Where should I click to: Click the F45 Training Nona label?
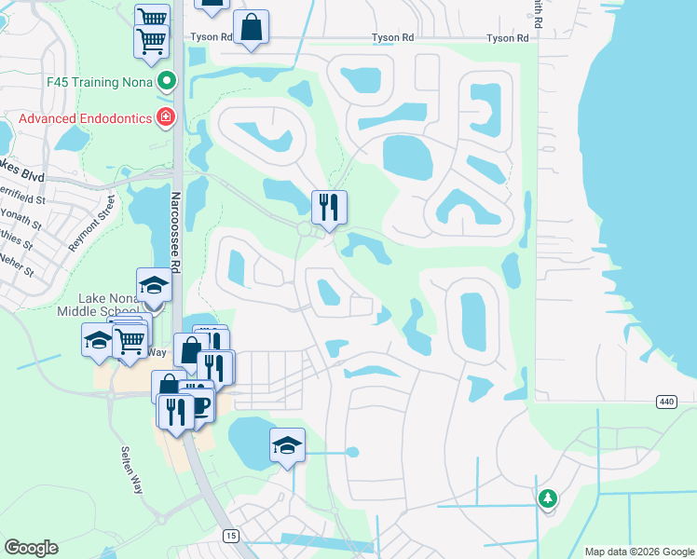[x=101, y=82]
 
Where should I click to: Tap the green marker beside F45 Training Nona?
[x=167, y=82]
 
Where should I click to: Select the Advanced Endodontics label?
[x=85, y=118]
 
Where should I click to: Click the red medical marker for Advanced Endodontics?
[x=166, y=117]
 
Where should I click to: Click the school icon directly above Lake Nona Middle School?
[x=154, y=284]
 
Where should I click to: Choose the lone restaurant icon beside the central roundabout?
[x=328, y=206]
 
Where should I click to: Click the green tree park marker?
[x=548, y=499]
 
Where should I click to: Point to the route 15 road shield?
[x=230, y=535]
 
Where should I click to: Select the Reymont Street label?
[x=90, y=223]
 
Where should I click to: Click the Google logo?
[x=32, y=548]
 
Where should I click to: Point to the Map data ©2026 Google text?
[x=639, y=552]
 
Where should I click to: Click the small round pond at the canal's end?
[x=352, y=453]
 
